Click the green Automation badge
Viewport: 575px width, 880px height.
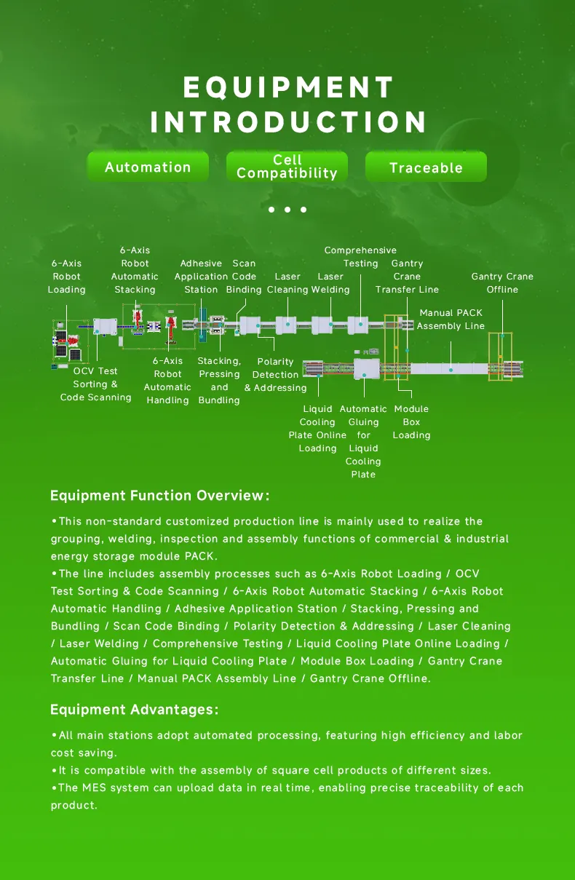[148, 167]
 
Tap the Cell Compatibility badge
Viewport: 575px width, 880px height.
[287, 167]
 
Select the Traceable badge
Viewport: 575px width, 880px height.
[426, 168]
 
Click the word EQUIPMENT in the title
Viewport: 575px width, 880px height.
[288, 88]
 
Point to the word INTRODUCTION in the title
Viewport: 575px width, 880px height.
[288, 122]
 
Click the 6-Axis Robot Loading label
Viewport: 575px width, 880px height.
[66, 277]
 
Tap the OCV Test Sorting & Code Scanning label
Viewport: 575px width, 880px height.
[95, 384]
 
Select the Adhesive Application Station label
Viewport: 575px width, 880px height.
[201, 277]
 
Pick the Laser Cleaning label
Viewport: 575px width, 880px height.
[287, 283]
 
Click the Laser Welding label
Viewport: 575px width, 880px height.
[330, 283]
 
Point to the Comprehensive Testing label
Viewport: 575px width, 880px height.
[360, 257]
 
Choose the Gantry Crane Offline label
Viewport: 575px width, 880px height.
[502, 283]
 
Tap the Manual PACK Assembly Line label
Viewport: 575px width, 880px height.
[451, 320]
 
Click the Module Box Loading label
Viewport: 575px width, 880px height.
[411, 422]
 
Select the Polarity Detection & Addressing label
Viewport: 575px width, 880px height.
[275, 375]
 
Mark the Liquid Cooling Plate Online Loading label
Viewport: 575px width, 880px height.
[317, 429]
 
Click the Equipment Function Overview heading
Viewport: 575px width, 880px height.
[159, 496]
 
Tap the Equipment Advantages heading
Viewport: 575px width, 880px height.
[134, 710]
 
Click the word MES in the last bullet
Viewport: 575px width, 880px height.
[93, 788]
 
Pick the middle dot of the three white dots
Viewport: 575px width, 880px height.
[287, 210]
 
